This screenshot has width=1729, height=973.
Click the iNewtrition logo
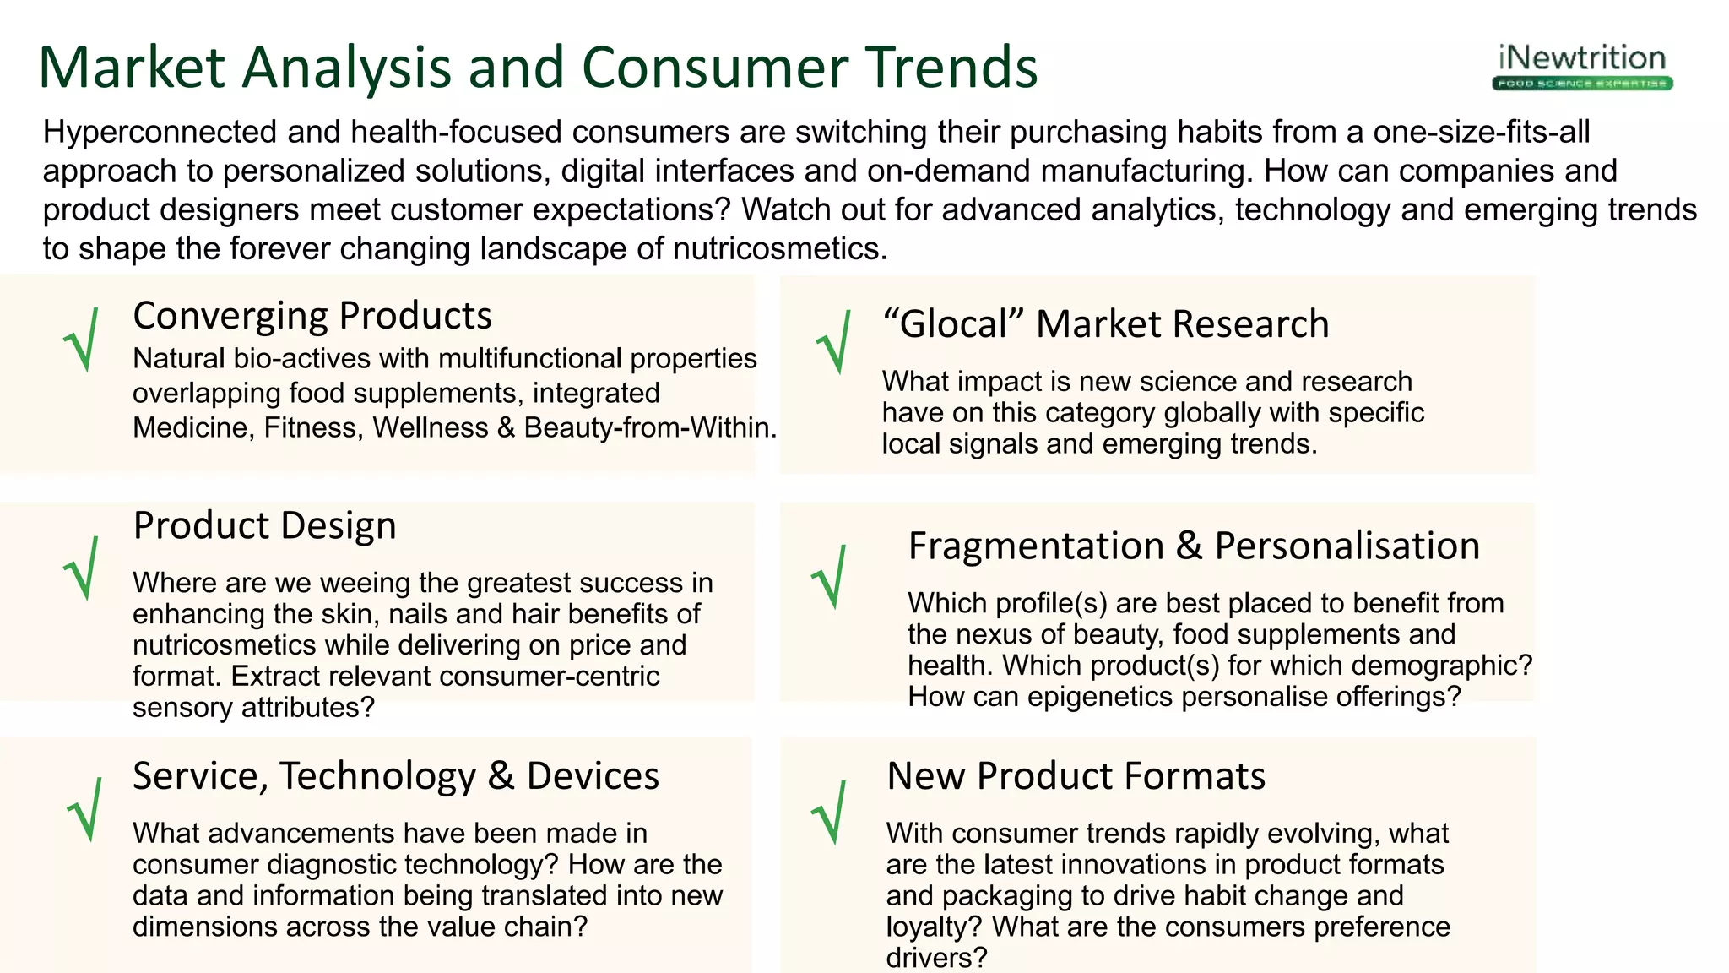1583,67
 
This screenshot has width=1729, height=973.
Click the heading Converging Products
312,316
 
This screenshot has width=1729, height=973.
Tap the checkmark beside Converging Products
83,340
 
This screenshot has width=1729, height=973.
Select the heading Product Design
265,525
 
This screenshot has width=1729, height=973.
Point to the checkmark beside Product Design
83,568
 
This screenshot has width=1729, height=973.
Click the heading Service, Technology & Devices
396,775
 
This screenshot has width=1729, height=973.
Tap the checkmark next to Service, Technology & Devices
86,809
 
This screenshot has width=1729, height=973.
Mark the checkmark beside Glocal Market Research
835,342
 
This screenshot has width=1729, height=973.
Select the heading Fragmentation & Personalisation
1194,546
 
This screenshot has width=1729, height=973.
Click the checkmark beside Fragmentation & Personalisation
830,577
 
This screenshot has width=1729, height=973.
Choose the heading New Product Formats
1076,775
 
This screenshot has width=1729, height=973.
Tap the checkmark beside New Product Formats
830,812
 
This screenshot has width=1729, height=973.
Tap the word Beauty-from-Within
649,428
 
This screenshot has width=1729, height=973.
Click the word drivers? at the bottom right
936,958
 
